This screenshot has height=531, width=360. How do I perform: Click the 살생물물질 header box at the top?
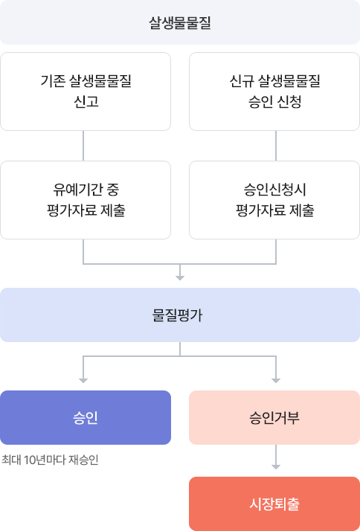(180, 22)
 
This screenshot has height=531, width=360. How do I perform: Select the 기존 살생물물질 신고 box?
(86, 91)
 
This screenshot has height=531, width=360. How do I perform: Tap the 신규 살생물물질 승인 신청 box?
(274, 91)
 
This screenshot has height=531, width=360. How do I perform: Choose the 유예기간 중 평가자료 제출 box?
(86, 200)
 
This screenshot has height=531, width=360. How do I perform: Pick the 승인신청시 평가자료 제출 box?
(274, 200)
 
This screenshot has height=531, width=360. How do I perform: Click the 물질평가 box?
(180, 315)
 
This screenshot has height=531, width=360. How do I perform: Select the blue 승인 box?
(86, 417)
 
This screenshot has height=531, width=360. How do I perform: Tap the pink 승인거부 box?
(274, 417)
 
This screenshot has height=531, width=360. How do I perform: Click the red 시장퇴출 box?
(274, 504)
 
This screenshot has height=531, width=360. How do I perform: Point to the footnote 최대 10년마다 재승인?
(50, 460)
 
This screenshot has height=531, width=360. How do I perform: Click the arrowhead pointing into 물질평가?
(180, 278)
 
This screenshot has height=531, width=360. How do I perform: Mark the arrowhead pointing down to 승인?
(83, 381)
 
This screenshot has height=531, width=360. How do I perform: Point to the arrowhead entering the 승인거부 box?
(276, 381)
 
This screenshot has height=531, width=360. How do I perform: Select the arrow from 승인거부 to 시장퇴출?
(276, 457)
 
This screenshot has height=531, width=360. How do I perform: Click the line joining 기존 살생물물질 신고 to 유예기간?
(83, 146)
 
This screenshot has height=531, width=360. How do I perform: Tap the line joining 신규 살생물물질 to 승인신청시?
(276, 146)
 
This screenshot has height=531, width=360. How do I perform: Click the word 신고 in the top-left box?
(86, 102)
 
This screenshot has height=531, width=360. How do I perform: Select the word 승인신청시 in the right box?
(274, 190)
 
